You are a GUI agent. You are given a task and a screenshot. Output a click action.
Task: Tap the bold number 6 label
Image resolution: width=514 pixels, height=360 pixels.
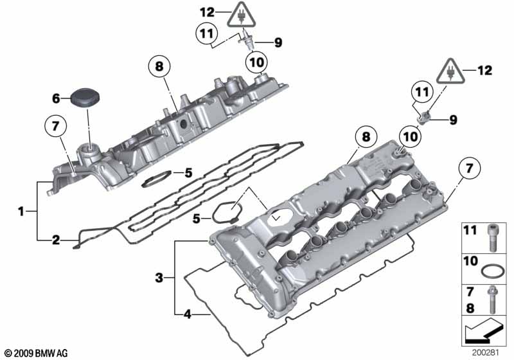[56, 98]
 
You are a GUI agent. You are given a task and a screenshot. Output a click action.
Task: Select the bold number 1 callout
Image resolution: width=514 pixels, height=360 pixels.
[21, 210]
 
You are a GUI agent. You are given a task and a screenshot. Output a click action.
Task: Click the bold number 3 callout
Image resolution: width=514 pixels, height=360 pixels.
[159, 278]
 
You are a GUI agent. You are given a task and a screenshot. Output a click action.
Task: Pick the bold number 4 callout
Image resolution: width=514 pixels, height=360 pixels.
[187, 314]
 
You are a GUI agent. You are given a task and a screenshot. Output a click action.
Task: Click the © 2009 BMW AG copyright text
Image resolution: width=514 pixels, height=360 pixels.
[35, 353]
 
